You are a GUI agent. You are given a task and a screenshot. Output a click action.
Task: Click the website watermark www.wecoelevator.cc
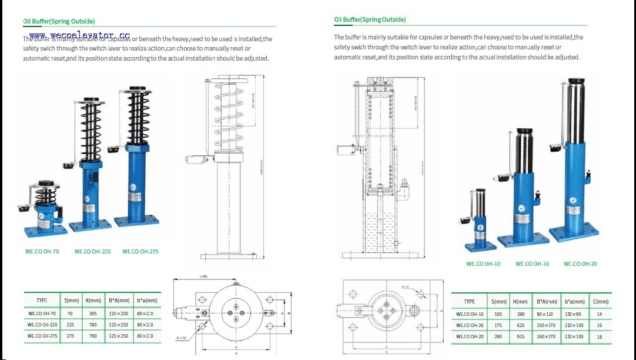click(x=79, y=36)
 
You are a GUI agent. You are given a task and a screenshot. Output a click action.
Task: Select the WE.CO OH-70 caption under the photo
click(x=42, y=252)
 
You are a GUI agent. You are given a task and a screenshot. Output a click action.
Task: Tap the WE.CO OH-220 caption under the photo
click(x=92, y=252)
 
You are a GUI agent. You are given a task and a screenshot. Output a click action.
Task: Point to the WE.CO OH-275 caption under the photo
click(x=140, y=252)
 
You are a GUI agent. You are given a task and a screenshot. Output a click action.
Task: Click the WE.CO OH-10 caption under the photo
click(x=483, y=264)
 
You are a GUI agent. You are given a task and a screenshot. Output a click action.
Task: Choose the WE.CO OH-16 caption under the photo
click(x=532, y=264)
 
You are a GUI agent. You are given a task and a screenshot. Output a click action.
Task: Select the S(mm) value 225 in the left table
click(x=70, y=325)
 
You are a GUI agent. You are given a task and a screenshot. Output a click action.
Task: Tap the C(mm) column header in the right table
click(x=599, y=302)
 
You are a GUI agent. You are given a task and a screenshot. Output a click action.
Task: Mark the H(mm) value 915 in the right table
click(x=520, y=336)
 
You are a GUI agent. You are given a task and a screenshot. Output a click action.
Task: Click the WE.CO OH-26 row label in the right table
click(x=470, y=325)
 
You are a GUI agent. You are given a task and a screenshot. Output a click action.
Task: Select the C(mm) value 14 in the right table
click(x=599, y=314)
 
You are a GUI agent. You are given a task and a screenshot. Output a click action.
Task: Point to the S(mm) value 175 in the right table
click(x=498, y=325)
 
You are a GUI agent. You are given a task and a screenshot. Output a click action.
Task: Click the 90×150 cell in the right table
click(x=545, y=314)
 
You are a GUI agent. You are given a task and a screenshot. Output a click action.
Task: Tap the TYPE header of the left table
click(x=42, y=300)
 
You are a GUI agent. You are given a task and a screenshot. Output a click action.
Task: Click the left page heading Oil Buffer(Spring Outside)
click(x=59, y=21)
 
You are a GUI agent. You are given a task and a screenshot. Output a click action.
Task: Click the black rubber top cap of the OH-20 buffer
click(x=577, y=81)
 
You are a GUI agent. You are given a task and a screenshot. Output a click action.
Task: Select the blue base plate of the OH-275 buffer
click(x=136, y=222)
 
